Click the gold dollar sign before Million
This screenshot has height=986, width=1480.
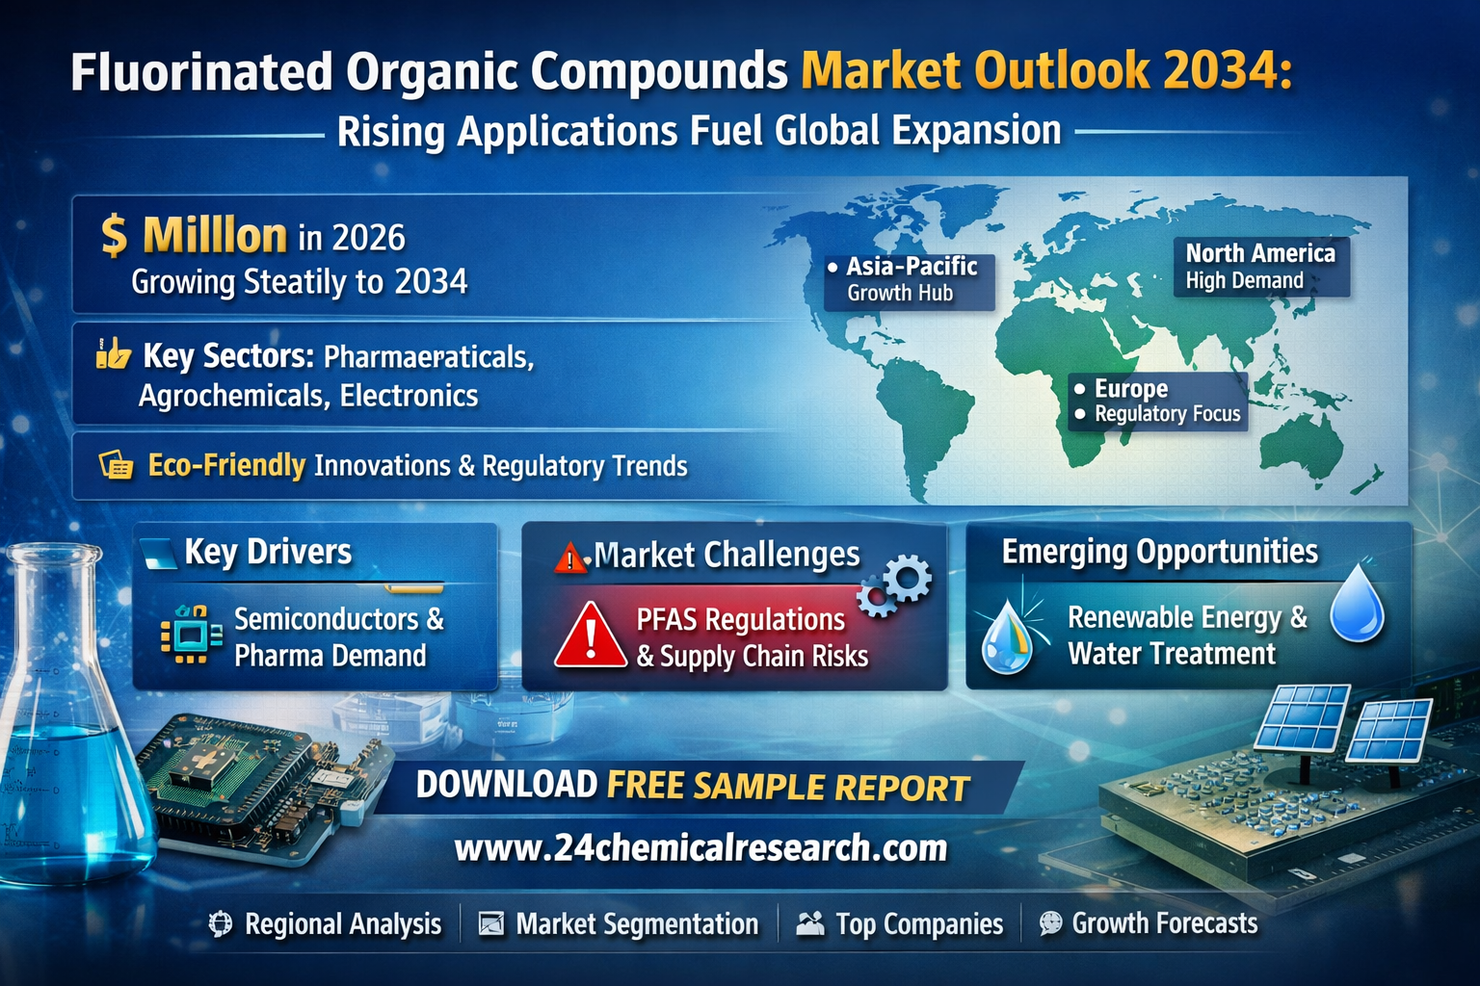tap(115, 236)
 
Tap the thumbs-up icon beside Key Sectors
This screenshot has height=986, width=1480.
tap(113, 353)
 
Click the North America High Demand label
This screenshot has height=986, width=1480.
tap(1260, 267)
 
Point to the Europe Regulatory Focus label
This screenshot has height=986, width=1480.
tap(1157, 402)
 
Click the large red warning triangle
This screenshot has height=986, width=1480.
tap(590, 636)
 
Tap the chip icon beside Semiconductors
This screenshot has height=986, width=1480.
tap(191, 635)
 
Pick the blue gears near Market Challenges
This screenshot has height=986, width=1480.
tap(894, 585)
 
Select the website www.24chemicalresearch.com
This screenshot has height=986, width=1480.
tap(701, 847)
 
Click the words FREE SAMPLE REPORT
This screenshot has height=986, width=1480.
tap(788, 787)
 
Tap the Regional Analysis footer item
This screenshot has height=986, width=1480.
tap(325, 924)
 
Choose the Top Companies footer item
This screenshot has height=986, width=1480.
tap(900, 924)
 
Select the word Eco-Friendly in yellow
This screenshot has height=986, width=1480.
tap(226, 465)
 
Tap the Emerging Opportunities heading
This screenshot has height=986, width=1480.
tap(1159, 552)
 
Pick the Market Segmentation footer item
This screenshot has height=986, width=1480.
tap(620, 924)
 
